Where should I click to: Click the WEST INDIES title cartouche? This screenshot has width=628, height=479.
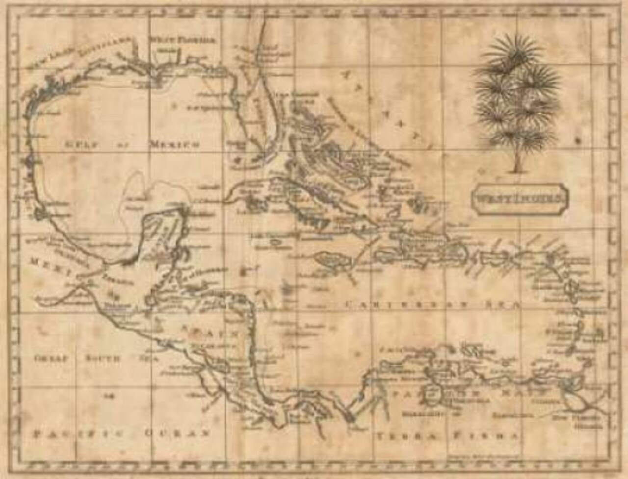pos(520,199)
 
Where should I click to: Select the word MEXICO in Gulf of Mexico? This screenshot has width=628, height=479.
pos(175,145)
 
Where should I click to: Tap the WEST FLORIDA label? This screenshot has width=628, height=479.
pos(182,40)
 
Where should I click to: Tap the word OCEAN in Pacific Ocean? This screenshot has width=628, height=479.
pos(177,434)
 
